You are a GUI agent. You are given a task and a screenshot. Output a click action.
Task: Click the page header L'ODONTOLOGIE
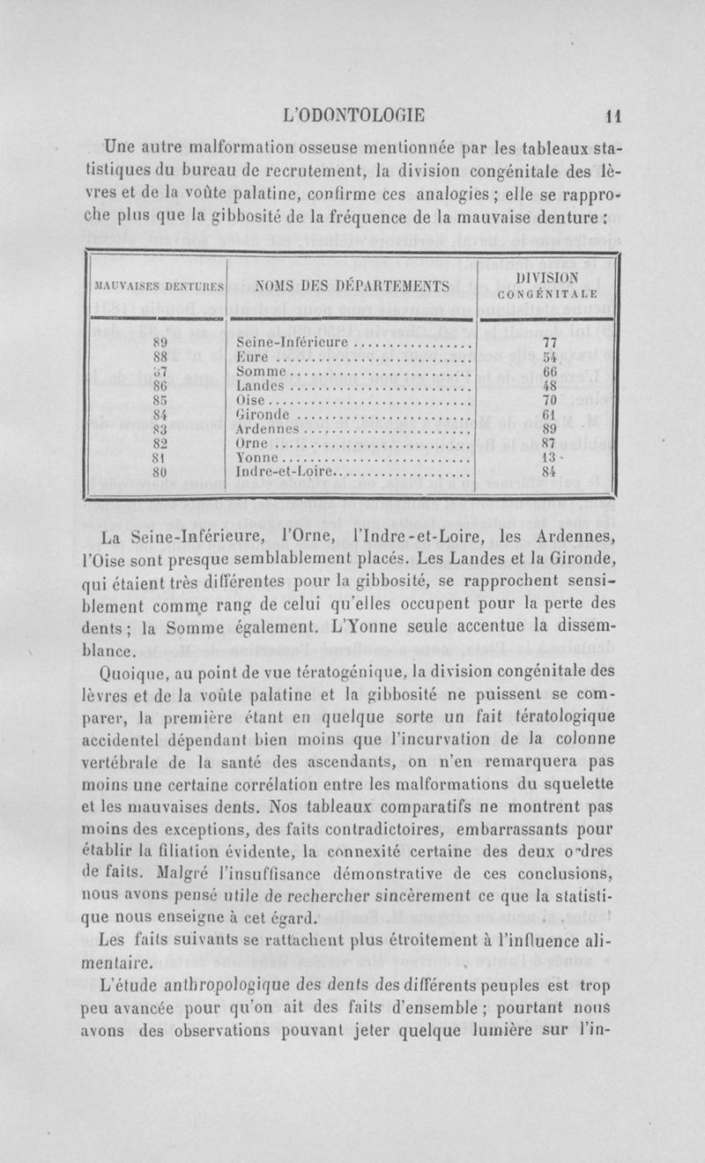pos(352,113)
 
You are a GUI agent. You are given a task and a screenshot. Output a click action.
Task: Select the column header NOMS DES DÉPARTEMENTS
pos(352,285)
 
